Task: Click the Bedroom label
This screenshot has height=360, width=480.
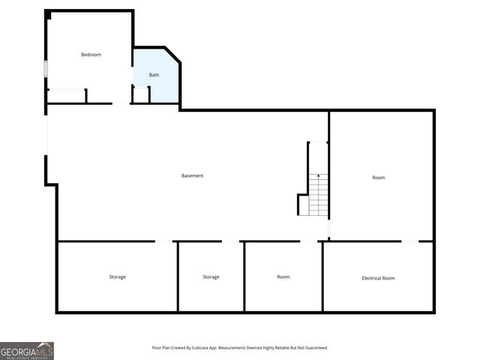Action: pyautogui.click(x=91, y=55)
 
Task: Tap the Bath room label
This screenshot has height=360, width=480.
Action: pyautogui.click(x=154, y=75)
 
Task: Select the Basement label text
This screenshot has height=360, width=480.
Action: pyautogui.click(x=192, y=176)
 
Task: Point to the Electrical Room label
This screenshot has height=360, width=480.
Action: pyautogui.click(x=378, y=278)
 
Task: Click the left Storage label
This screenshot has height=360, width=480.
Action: pyautogui.click(x=117, y=277)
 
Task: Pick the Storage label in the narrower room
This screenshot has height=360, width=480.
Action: pyautogui.click(x=211, y=277)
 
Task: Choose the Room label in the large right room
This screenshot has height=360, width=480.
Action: pyautogui.click(x=379, y=178)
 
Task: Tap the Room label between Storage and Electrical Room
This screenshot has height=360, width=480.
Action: pyautogui.click(x=283, y=277)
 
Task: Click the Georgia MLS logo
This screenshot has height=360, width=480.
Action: pyautogui.click(x=27, y=351)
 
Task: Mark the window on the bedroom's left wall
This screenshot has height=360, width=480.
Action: pyautogui.click(x=46, y=68)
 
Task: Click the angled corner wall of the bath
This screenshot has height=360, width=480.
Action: pyautogui.click(x=172, y=55)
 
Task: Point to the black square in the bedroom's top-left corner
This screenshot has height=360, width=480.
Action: pyautogui.click(x=49, y=15)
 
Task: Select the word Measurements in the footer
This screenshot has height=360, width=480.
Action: pyautogui.click(x=239, y=348)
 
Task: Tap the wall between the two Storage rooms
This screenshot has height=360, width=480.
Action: pyautogui.click(x=178, y=276)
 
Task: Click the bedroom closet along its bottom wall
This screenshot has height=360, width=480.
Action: pyautogui.click(x=67, y=96)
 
